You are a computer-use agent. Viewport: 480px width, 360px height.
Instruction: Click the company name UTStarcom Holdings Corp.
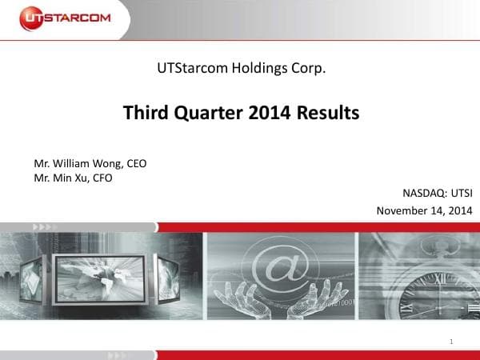click(241, 69)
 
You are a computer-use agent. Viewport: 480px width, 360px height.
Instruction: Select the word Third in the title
click(143, 113)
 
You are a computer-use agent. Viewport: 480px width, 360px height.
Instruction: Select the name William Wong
click(88, 163)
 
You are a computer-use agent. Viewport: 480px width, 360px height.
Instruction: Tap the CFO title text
click(102, 178)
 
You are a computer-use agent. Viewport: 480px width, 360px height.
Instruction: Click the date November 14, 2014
click(424, 210)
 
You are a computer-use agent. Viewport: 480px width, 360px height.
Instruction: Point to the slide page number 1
click(452, 342)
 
